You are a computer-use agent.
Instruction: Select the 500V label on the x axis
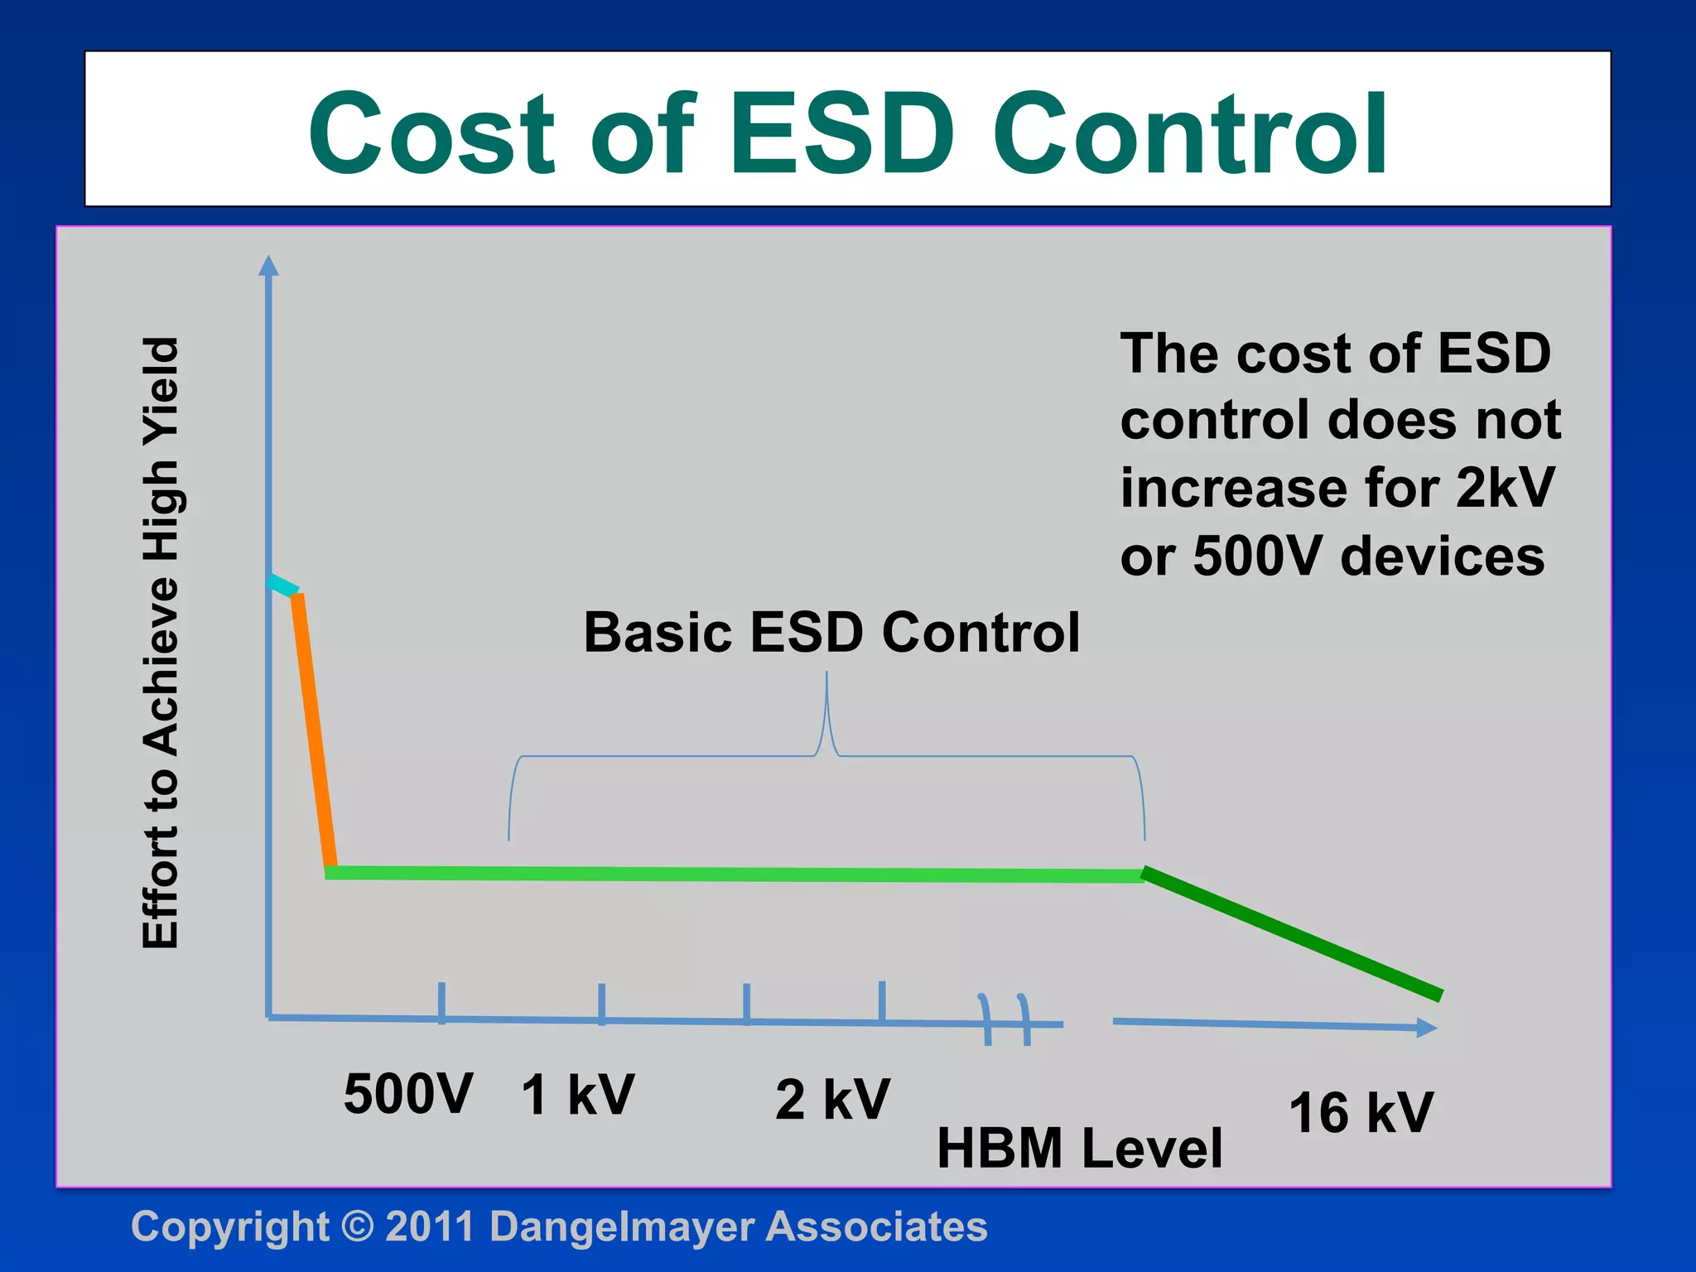408,1095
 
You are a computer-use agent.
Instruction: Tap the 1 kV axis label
577,1096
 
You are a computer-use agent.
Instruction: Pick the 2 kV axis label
832,1101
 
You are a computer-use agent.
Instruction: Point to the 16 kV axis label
1361,1113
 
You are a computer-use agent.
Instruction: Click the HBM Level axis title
1079,1149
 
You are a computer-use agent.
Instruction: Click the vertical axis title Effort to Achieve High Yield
161,643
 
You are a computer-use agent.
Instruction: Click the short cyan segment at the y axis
282,585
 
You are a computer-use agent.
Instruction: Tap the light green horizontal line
729,874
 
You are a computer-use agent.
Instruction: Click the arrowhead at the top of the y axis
268,266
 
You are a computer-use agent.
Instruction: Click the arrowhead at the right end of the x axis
1426,1028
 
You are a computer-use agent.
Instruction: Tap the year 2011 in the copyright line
429,1227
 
